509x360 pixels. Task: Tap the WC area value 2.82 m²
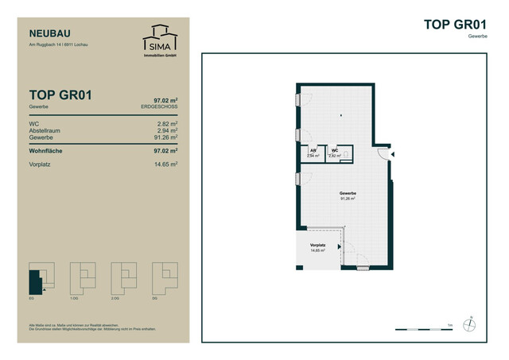point(165,125)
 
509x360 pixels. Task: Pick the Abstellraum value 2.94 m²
point(165,131)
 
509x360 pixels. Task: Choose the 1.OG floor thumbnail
point(82,277)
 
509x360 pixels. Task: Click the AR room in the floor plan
point(313,153)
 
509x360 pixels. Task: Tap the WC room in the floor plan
point(336,153)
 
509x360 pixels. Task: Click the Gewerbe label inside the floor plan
point(347,196)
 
